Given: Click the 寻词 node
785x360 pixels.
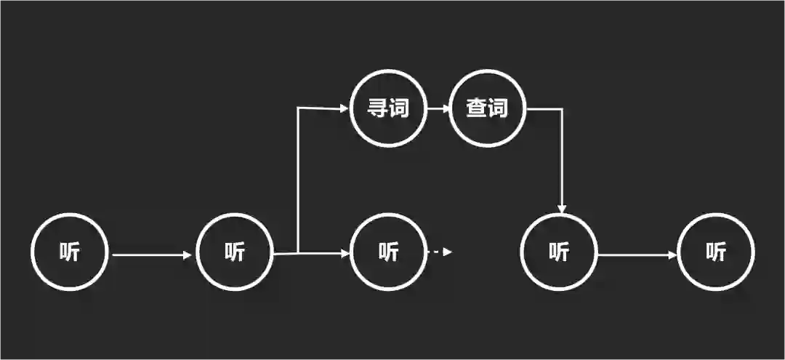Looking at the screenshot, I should (x=389, y=109).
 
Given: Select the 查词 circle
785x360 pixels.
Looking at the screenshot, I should (x=488, y=109).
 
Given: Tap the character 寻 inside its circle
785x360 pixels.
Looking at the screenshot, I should (x=378, y=109).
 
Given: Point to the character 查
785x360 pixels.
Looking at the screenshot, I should (x=477, y=109).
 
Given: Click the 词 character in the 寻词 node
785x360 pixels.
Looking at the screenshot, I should (x=399, y=109).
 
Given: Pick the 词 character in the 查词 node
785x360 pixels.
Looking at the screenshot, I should (x=498, y=109).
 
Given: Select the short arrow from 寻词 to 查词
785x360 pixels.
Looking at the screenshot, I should (x=438, y=109).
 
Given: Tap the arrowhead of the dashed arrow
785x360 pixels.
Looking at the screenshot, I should (x=448, y=252).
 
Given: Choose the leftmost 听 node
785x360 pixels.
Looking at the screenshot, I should (x=70, y=252).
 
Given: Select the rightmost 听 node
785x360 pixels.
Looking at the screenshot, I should (x=716, y=252).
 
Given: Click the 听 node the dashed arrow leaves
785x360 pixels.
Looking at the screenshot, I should (x=389, y=252).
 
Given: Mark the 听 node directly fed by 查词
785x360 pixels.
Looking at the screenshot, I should (x=559, y=252).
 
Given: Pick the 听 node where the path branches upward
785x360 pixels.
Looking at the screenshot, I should (x=235, y=252).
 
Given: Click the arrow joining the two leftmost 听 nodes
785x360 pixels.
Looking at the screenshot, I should (x=151, y=255).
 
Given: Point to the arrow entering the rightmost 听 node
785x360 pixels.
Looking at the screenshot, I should (x=637, y=255).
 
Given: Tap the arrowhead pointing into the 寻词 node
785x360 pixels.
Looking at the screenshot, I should (x=344, y=109).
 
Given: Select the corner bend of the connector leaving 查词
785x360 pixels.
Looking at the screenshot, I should (x=563, y=110).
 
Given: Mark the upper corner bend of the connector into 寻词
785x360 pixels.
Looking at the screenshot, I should (x=299, y=109).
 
